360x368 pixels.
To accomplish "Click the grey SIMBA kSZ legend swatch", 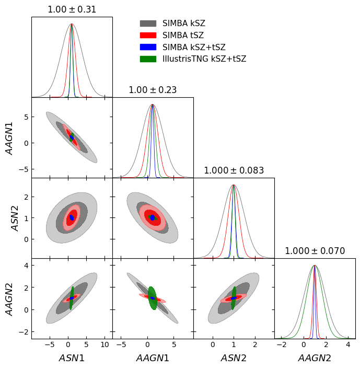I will click(148, 24).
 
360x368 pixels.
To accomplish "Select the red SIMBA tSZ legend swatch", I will click(148, 36).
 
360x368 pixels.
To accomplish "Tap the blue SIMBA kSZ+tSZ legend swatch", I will click(148, 47).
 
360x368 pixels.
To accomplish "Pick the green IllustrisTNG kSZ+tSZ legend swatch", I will click(148, 59).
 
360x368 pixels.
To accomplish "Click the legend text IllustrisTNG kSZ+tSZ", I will click(204, 59).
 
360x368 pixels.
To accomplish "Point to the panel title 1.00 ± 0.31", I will click(72, 9).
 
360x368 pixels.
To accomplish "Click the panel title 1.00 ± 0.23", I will click(153, 90).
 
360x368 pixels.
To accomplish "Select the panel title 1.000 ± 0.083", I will click(234, 170).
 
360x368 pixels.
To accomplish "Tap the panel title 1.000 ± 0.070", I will click(315, 251).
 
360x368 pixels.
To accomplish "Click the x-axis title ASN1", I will click(72, 358).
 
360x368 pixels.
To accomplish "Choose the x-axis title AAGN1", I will click(153, 358).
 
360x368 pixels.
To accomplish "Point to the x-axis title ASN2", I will click(234, 358).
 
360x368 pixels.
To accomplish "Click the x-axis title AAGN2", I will click(315, 358).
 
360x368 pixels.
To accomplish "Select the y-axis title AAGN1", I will click(10, 137).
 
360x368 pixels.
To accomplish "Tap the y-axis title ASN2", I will click(15, 218).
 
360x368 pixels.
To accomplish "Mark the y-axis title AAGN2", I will click(10, 298).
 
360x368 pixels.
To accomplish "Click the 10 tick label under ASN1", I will click(104, 345).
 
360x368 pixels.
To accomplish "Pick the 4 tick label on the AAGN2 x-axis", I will click(348, 345).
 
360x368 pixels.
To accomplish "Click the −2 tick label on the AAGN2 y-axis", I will click(22, 331).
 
